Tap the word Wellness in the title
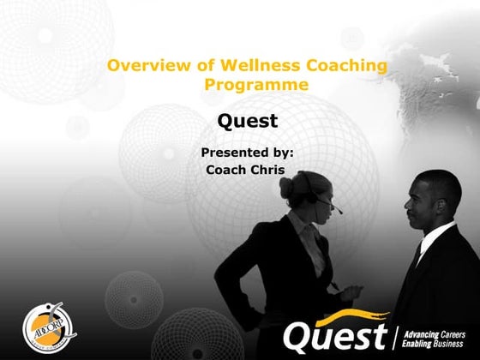pos(247,66)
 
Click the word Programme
pos(256,86)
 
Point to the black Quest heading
pos(248,120)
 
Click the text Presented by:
pos(247,153)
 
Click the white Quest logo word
pos(335,335)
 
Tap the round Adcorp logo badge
pos(39,329)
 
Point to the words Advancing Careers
pos(434,330)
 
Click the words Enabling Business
pos(433,342)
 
